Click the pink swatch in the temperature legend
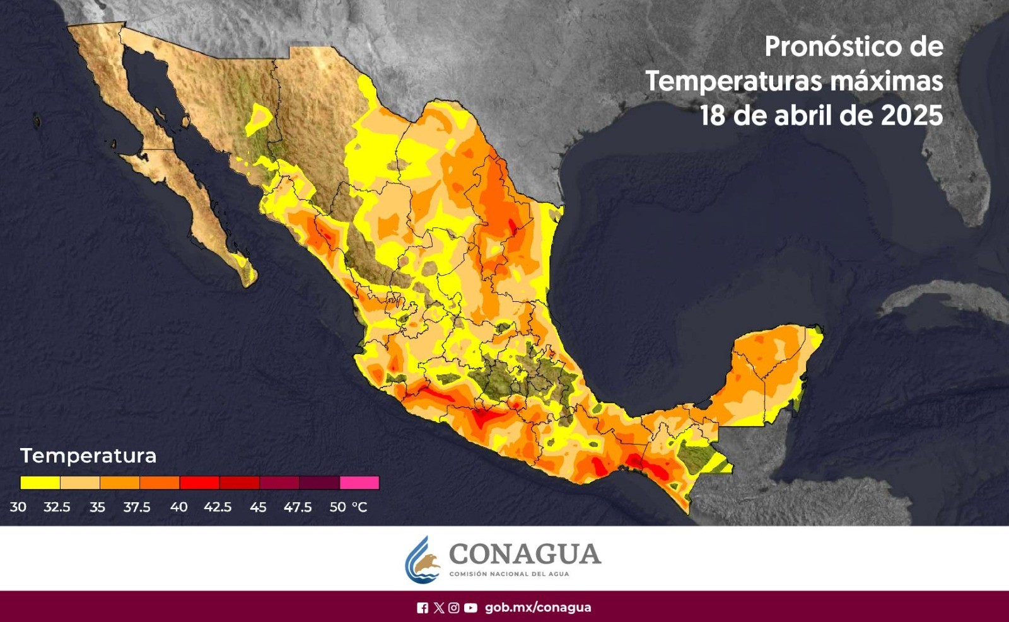point(359,483)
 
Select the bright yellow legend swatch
point(40,483)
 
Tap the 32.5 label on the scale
point(57,507)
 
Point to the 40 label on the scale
point(178,507)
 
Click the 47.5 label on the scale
point(298,507)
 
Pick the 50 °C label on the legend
point(348,507)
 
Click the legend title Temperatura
point(88,456)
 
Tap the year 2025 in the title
point(911,115)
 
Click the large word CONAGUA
point(525,555)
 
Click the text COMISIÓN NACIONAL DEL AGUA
point(509,574)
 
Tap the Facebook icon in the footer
point(423,608)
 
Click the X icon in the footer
point(439,608)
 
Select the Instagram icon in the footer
point(454,608)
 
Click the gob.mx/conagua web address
point(538,608)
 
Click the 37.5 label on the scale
point(137,507)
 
